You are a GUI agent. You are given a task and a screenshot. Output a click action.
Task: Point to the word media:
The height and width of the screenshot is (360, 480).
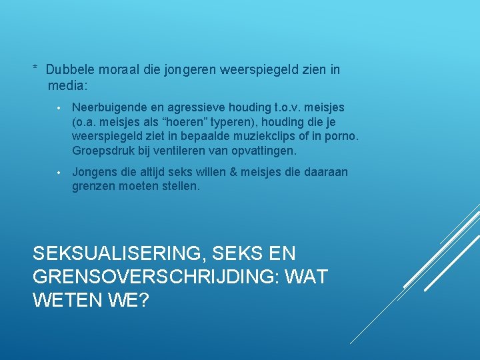pyautogui.click(x=68, y=85)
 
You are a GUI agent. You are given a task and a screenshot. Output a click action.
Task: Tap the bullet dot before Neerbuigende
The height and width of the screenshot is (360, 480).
pyautogui.click(x=59, y=108)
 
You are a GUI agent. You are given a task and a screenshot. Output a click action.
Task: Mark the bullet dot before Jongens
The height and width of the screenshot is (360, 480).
pyautogui.click(x=59, y=173)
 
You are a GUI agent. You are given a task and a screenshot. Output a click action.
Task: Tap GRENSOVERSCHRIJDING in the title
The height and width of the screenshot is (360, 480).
pyautogui.click(x=156, y=277)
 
